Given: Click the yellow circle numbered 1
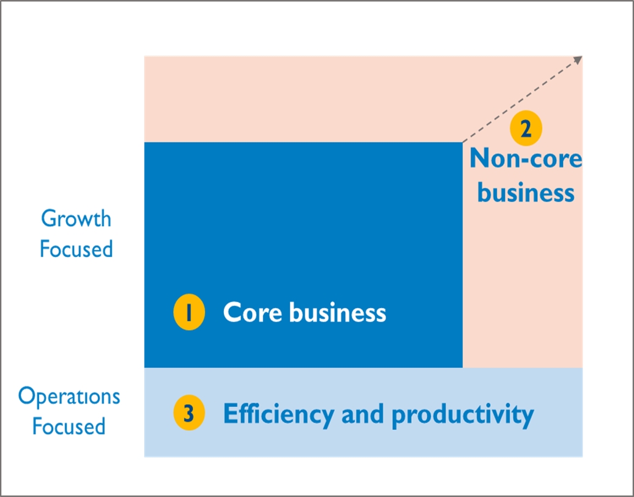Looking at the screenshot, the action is tap(189, 312).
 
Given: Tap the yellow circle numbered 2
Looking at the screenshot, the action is tap(526, 128).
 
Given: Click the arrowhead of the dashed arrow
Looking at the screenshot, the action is tap(578, 60).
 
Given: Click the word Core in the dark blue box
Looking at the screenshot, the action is tap(252, 312).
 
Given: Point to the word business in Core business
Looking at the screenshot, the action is tap(338, 312).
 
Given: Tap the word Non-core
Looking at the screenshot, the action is tap(526, 158).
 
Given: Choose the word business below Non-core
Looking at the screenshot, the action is tap(526, 193).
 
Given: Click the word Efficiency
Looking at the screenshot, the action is tap(278, 414).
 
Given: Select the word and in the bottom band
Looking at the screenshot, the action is tap(362, 414).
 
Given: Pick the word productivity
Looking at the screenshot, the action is tap(463, 414).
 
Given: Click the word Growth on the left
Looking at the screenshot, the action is tap(76, 219).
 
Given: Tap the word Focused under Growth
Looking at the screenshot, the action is tap(76, 248).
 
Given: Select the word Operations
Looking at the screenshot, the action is tap(69, 397).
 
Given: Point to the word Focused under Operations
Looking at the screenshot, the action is tap(69, 426).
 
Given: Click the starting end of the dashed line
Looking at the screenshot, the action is tap(463, 142).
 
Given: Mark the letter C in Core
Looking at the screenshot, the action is tap(233, 312).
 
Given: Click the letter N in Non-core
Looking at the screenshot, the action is tap(480, 158).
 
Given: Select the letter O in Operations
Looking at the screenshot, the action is tap(27, 396).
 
